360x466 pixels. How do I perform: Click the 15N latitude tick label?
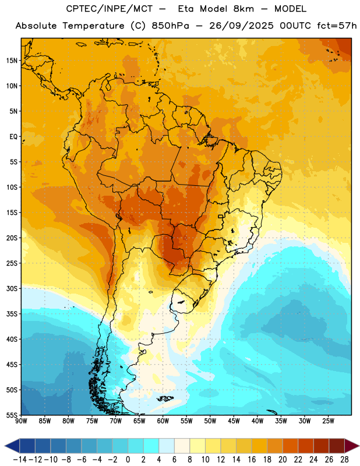(12, 61)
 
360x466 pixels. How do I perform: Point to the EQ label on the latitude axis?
(13, 137)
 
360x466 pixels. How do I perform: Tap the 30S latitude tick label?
(12, 288)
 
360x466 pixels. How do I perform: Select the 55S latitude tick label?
(12, 415)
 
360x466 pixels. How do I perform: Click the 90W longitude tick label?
(22, 421)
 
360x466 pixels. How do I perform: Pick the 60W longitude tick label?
(163, 421)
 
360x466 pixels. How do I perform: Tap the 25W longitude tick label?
(328, 421)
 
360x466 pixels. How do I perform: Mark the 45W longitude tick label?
(234, 421)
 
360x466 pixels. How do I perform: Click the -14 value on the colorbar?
(20, 460)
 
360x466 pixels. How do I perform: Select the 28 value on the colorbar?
(344, 460)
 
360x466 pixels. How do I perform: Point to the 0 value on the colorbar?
(128, 460)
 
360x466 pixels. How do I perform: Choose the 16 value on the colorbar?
(252, 460)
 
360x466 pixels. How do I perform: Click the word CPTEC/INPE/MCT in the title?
(110, 9)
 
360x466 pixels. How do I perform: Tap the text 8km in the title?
(243, 9)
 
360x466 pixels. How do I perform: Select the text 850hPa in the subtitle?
(170, 26)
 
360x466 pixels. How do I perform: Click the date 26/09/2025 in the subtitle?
(241, 26)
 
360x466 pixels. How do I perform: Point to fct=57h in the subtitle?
(337, 26)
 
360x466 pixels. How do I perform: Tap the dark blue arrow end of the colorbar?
(12, 446)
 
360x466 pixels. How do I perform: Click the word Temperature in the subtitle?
(93, 26)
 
